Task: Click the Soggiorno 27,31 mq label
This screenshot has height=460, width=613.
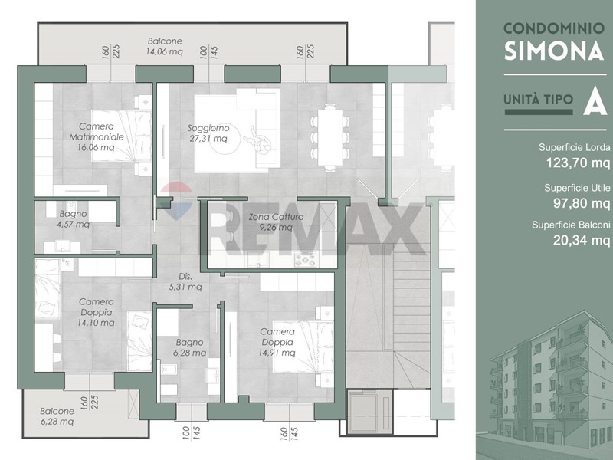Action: tap(208, 133)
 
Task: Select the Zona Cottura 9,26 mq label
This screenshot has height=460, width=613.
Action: tap(276, 222)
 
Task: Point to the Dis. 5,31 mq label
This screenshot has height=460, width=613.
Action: tap(185, 281)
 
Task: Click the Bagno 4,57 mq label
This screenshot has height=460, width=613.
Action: tap(73, 219)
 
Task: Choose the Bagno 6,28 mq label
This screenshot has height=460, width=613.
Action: tap(189, 347)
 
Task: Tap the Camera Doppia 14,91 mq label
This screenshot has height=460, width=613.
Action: tap(277, 342)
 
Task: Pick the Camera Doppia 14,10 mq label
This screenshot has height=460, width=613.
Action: tap(97, 312)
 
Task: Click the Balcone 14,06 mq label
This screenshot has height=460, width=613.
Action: tap(165, 46)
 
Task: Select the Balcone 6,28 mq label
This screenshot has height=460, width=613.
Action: tap(57, 416)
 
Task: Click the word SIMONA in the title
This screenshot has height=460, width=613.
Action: tap(554, 51)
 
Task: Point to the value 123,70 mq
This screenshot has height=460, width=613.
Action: tap(579, 162)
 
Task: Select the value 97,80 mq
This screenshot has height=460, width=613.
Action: tap(582, 203)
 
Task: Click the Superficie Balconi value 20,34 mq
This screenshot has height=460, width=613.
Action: tap(582, 240)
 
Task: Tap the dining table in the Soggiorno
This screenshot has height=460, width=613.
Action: tap(330, 138)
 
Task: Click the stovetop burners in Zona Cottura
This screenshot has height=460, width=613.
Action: tap(306, 259)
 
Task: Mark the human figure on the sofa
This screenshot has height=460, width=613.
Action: tap(259, 142)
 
